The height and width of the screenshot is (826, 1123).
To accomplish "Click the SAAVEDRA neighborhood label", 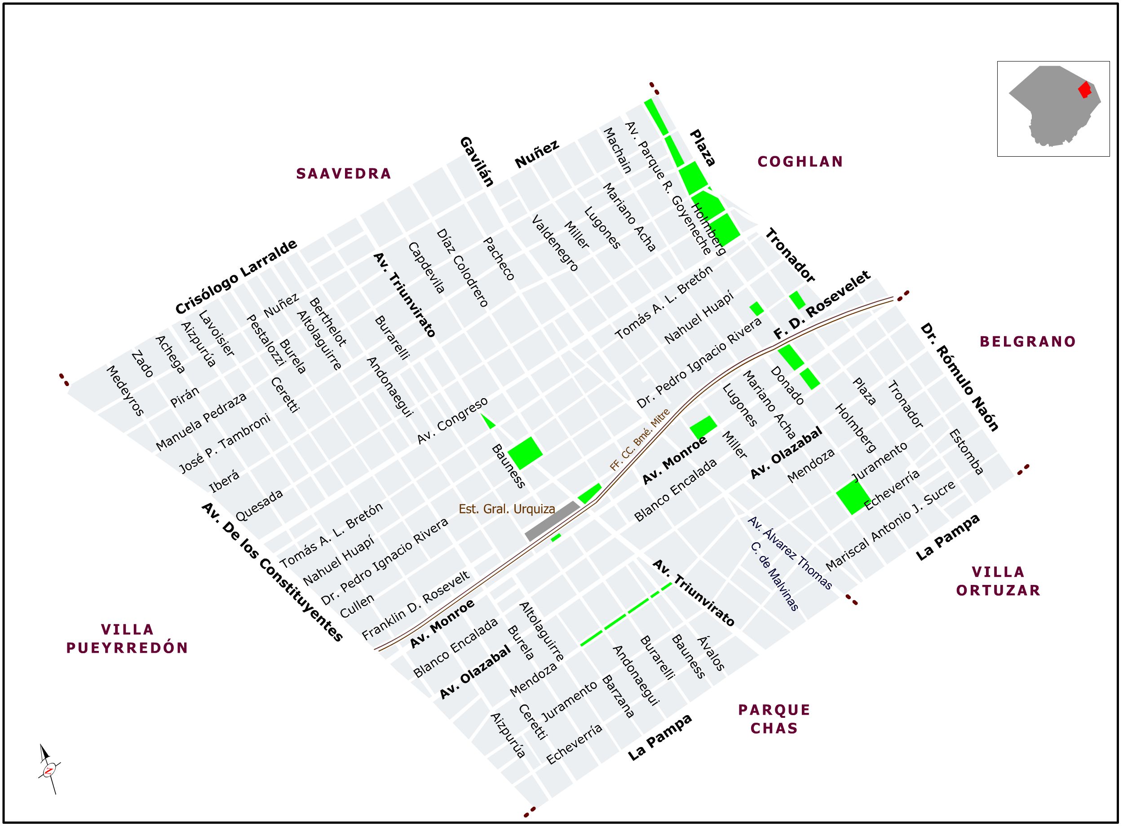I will click(x=343, y=173).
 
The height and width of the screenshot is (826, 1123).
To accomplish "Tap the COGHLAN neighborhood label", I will click(x=800, y=162).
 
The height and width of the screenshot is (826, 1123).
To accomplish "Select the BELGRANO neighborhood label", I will click(x=1027, y=342).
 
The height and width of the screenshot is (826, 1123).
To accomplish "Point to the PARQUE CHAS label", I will click(x=774, y=719).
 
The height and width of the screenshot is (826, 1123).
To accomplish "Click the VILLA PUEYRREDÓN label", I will click(x=127, y=638).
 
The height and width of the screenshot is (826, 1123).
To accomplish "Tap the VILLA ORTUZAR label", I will click(x=999, y=581).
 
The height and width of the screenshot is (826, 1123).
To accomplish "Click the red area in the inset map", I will click(x=1084, y=90).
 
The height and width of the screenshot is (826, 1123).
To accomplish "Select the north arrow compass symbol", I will click(x=49, y=769).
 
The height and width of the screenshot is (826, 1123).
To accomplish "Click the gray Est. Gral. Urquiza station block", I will click(x=552, y=521).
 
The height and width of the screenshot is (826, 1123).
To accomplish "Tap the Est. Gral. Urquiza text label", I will click(x=507, y=509).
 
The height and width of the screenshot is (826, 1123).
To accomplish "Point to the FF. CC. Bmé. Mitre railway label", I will click(x=639, y=439).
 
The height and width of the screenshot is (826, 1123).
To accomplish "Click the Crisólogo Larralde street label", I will click(x=236, y=277).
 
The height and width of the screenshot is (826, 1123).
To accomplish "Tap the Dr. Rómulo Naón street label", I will click(x=959, y=377).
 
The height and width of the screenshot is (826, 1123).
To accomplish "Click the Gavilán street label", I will click(x=477, y=162).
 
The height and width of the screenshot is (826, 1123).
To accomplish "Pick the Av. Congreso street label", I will click(x=452, y=421).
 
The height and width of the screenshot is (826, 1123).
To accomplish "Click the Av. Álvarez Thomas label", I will click(x=789, y=553).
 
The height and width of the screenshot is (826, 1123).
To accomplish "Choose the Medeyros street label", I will click(x=125, y=391).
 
